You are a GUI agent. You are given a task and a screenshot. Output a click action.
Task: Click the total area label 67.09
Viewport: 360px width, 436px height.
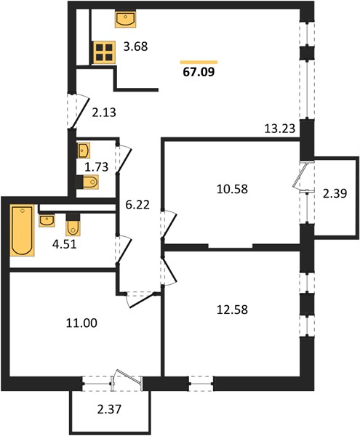click(x=199, y=72)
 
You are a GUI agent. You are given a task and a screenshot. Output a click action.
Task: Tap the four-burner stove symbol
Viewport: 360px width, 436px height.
click(x=104, y=52)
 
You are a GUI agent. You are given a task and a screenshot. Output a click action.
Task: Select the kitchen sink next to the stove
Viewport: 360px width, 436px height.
click(x=126, y=20)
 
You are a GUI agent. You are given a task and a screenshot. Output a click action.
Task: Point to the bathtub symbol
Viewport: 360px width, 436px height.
click(x=22, y=230)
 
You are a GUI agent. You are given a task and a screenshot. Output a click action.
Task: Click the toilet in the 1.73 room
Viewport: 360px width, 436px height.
click(x=87, y=182)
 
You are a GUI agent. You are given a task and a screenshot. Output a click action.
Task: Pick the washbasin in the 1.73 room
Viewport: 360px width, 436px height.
click(x=84, y=150)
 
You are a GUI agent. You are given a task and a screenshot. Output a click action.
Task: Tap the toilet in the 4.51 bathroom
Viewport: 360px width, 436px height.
click(x=73, y=225)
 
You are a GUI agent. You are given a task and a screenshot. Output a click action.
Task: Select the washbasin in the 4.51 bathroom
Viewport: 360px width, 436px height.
click(x=47, y=220)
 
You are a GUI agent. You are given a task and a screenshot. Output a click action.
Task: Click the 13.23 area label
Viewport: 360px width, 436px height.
click(x=279, y=129)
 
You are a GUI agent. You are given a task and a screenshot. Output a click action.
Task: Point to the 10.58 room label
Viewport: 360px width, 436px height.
click(x=232, y=189)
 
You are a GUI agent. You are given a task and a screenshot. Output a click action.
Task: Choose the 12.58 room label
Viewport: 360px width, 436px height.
click(x=232, y=310)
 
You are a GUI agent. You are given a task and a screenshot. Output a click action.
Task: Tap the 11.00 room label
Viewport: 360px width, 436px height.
click(x=81, y=323)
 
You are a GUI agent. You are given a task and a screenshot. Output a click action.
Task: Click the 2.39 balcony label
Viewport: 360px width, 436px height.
click(x=335, y=193)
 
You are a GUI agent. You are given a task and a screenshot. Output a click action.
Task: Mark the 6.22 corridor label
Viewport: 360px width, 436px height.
click(x=137, y=205)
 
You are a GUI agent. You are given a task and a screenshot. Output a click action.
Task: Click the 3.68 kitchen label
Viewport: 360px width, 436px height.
click(x=135, y=47)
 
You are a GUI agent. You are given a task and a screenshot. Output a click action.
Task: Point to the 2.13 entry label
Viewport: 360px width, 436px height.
click(x=104, y=113)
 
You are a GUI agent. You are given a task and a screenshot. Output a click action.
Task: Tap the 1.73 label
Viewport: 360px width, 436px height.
click(x=96, y=167)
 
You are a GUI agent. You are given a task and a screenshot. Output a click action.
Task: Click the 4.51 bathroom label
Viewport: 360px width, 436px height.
click(x=64, y=245)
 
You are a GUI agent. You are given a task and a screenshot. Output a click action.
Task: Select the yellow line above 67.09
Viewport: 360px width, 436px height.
click(x=199, y=62)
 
